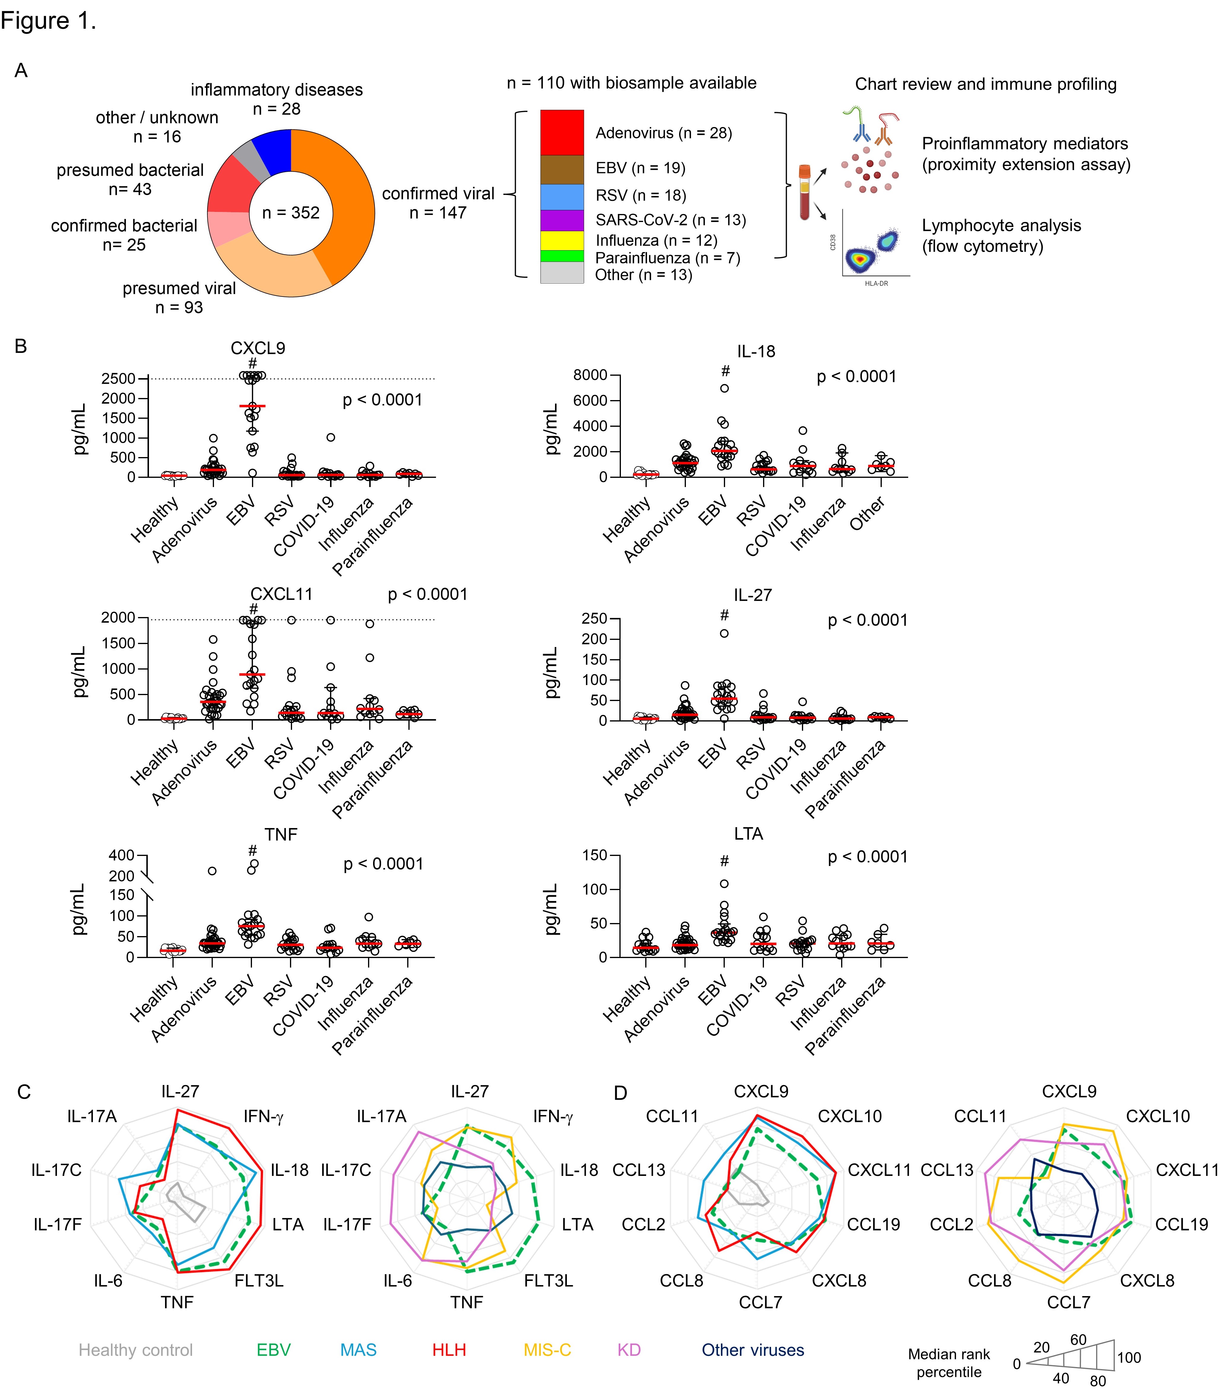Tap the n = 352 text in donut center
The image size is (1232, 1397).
tap(291, 213)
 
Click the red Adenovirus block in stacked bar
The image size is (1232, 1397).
tap(562, 133)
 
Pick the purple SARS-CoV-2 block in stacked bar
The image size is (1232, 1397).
tap(562, 220)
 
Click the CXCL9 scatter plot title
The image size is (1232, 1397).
tap(258, 348)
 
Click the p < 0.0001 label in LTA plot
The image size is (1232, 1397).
tap(868, 857)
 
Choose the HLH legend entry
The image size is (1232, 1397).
tap(449, 1350)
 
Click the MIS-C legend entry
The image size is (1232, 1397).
tap(547, 1350)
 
